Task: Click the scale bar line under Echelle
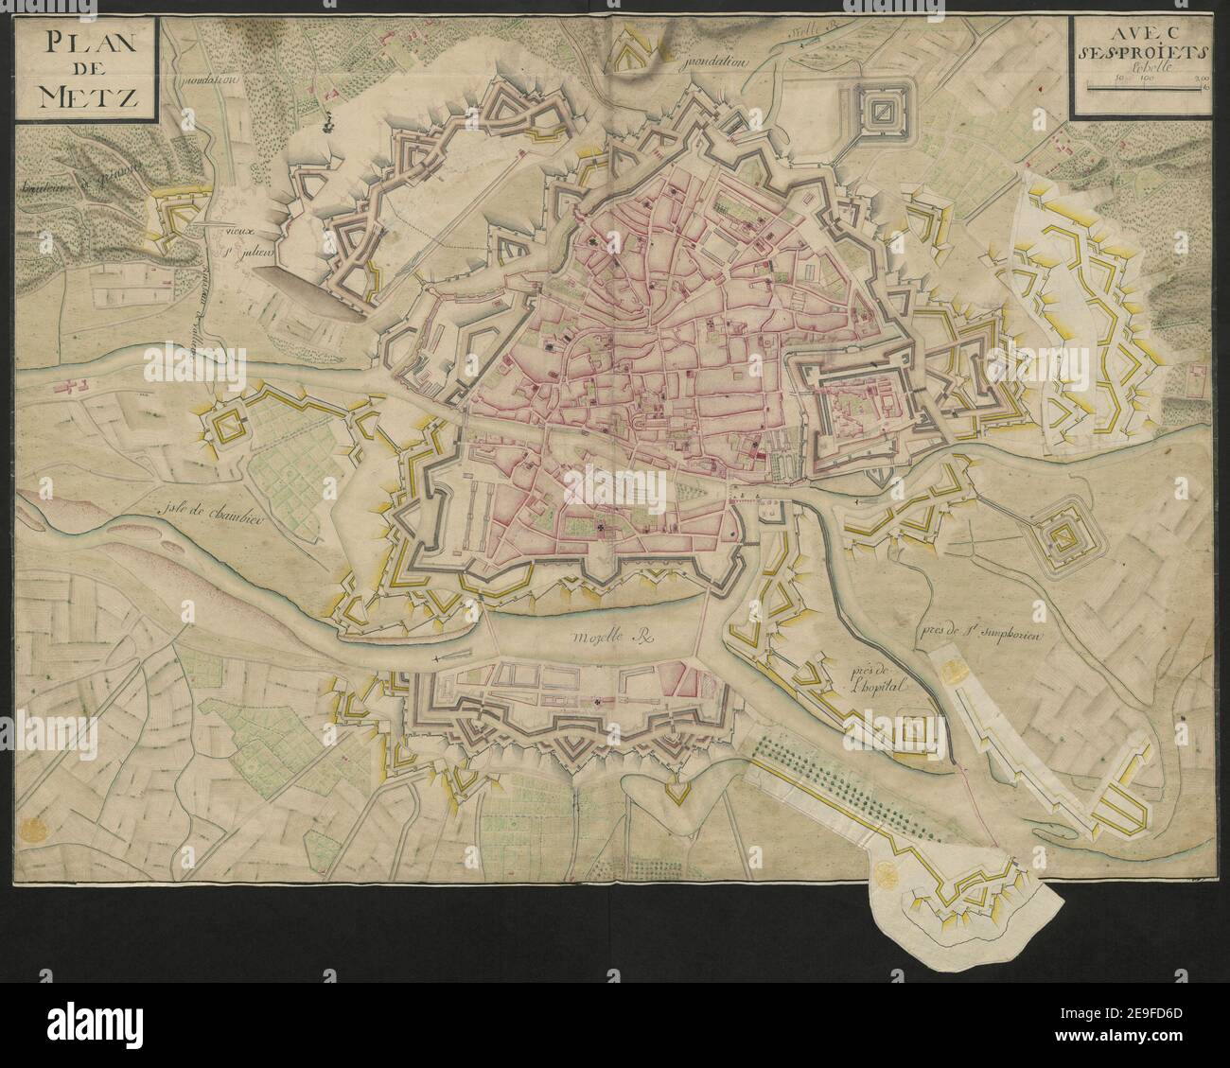point(1146,88)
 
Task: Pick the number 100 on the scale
point(1140,79)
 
